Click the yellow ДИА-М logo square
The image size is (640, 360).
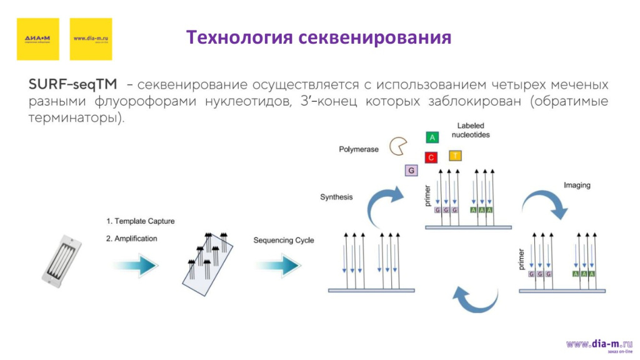37,39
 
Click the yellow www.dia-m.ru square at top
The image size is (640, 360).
91,39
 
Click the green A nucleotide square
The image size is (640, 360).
432,137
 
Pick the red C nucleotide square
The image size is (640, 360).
431,157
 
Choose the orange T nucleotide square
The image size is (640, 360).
456,155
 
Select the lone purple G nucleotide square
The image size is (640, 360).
411,171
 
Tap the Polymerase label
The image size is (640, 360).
359,149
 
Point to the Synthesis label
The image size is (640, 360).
336,197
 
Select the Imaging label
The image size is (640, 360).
576,186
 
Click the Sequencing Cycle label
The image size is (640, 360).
284,241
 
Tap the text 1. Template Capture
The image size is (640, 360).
140,221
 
